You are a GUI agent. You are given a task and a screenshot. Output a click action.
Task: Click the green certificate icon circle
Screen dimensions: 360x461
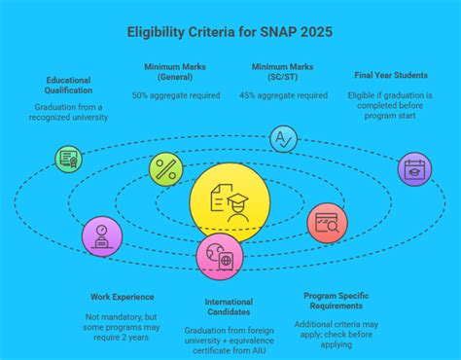point(69,159)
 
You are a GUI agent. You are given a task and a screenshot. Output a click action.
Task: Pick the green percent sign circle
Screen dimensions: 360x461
point(165,168)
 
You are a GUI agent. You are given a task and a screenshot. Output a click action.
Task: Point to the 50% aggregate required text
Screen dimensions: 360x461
point(175,95)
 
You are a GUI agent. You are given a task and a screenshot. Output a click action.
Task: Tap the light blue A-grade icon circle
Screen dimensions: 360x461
point(283,139)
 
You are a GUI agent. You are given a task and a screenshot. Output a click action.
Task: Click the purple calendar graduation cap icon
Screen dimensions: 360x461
point(414,168)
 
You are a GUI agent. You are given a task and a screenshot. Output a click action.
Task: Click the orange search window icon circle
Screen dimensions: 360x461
point(326,224)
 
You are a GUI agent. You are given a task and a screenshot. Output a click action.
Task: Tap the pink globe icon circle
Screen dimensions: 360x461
point(219,258)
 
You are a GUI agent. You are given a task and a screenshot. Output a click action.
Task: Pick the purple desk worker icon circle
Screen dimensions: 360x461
point(102,236)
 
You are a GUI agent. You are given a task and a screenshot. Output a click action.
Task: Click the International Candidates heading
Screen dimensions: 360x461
point(229,308)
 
